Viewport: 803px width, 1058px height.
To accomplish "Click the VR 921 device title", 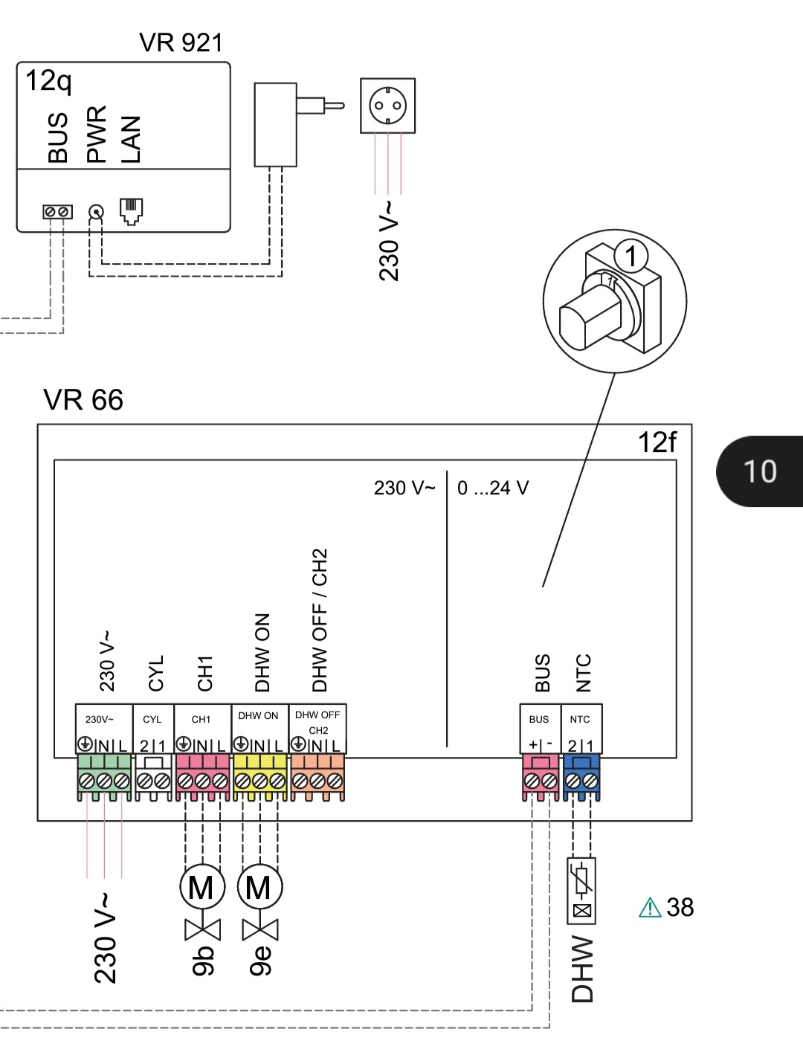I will tap(181, 42).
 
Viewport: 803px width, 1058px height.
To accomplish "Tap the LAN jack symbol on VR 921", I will tap(131, 211).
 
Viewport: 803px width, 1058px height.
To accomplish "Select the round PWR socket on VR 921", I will tap(96, 213).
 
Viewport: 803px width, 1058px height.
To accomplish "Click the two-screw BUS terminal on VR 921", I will tap(57, 213).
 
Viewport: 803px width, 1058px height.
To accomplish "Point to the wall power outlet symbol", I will tap(387, 106).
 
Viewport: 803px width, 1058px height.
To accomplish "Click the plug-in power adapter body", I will tap(275, 124).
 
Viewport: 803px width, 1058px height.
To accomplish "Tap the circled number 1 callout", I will tap(631, 257).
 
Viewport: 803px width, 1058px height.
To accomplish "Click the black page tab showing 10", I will tap(760, 471).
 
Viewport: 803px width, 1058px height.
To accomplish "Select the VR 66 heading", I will tap(83, 400).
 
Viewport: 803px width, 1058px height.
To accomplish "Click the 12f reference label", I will tap(657, 442).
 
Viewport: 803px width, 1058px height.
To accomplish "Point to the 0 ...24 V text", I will tap(493, 488).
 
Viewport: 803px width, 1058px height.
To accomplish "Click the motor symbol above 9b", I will tap(201, 887).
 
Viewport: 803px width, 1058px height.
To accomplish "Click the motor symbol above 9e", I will tap(259, 887).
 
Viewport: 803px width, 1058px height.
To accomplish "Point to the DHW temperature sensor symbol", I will tap(581, 890).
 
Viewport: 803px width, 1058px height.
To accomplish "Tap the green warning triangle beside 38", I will tap(650, 908).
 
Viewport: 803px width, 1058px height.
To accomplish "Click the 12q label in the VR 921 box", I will tap(48, 80).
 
